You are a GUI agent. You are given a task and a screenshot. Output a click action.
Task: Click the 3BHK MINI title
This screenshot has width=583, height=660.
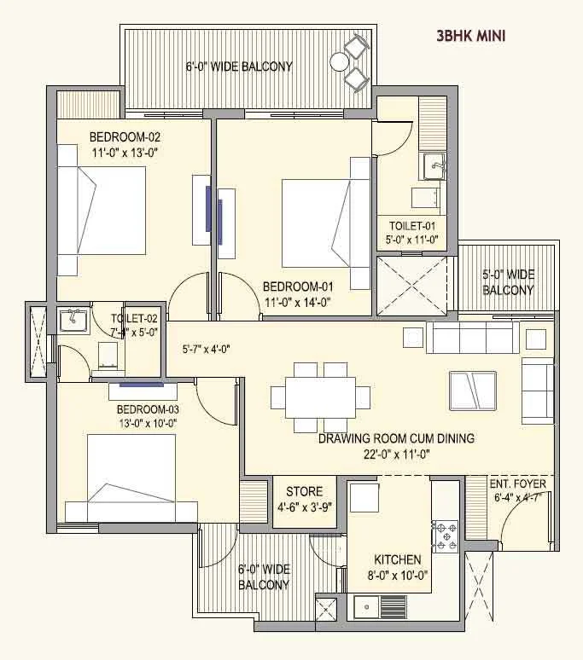point(471,36)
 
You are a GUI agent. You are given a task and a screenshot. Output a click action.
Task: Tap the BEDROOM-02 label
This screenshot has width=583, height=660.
point(125,136)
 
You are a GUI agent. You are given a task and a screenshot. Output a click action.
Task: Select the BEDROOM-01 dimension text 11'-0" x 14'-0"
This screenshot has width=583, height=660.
point(297,302)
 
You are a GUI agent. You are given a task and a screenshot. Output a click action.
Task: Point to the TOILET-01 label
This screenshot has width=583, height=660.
point(412,226)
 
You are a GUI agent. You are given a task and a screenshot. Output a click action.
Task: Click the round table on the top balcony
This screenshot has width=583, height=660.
point(339,62)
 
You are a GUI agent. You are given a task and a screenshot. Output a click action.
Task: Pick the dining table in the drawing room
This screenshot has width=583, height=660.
point(321,397)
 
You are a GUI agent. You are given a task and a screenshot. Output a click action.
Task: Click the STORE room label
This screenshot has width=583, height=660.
point(305,491)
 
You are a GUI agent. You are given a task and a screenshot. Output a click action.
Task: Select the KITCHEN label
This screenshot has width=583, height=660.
point(398,559)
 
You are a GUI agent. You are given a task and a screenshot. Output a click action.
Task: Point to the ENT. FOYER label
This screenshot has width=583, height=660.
point(518,483)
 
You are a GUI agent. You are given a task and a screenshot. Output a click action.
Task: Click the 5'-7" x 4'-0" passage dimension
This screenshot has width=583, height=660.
point(206,349)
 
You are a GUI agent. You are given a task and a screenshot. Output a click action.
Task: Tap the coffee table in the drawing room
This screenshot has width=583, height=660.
point(473,391)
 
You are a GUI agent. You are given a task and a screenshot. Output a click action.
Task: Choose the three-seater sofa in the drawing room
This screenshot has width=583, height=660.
point(473,338)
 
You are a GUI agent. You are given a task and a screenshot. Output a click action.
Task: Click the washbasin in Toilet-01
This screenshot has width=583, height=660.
point(434,166)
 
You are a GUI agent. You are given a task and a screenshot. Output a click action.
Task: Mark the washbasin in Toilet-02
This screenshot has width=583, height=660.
point(73,321)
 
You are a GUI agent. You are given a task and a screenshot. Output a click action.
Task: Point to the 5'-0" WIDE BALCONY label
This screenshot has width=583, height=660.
point(508,282)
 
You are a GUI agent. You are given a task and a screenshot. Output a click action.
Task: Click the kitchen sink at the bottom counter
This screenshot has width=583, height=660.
point(366,607)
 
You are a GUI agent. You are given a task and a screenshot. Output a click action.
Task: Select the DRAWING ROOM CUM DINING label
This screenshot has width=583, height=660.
point(396,438)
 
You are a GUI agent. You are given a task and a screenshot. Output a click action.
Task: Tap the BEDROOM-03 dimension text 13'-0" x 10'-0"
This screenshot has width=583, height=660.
point(148,423)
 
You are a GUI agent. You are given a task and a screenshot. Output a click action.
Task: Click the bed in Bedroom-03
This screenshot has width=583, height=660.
point(131,478)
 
